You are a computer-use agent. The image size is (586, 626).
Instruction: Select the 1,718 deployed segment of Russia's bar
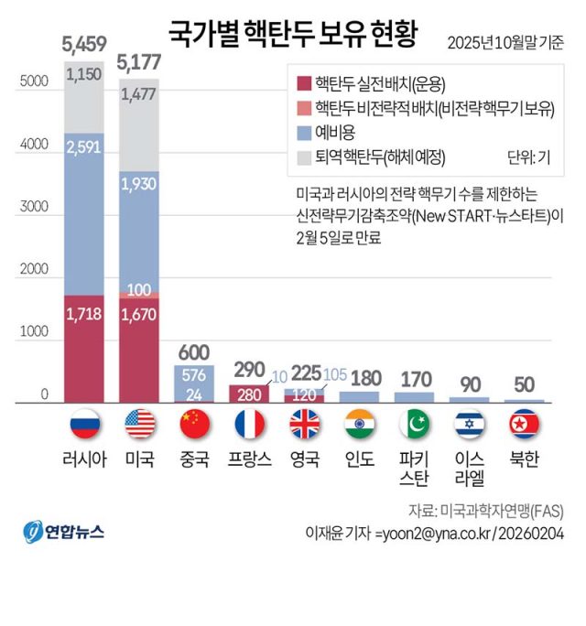(x=84, y=314)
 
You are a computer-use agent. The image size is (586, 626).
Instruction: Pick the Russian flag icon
(x=84, y=424)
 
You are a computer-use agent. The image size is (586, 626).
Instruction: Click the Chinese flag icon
(x=194, y=424)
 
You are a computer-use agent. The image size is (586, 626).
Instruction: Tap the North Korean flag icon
(x=525, y=424)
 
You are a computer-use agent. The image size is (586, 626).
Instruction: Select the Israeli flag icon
(x=470, y=424)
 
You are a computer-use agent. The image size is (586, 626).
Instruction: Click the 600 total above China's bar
(x=194, y=351)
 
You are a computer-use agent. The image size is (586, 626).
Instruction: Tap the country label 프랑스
(x=249, y=459)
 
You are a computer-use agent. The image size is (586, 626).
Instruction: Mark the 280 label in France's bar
(x=249, y=394)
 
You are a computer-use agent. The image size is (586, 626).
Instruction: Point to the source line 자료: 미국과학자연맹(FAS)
(x=485, y=509)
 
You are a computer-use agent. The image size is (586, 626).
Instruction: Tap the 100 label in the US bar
(x=139, y=290)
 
